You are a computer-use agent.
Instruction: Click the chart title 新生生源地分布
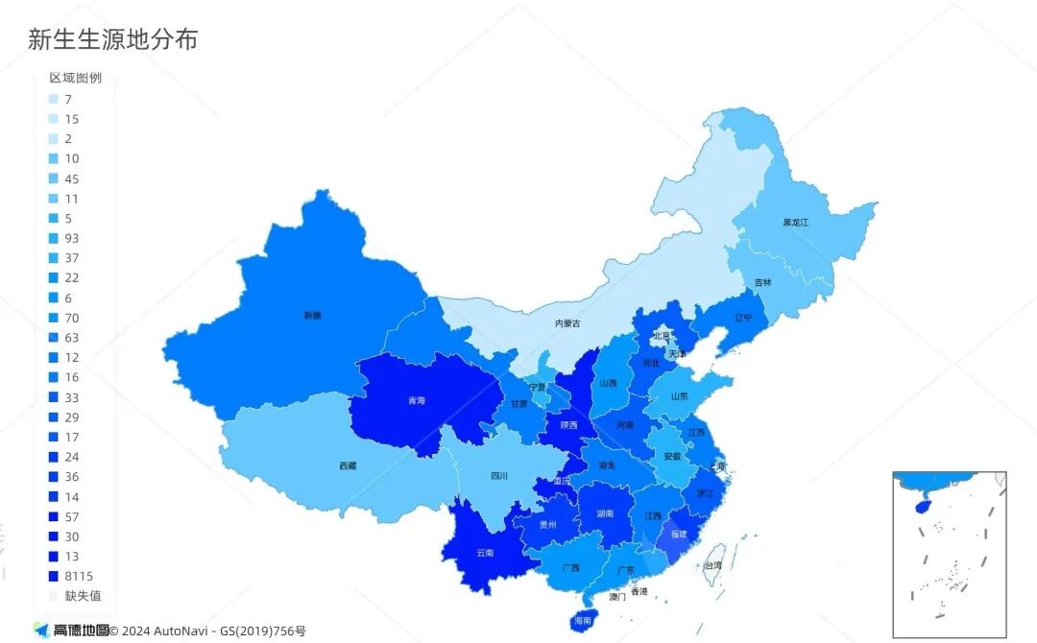(113, 39)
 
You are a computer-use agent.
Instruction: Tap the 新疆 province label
(312, 315)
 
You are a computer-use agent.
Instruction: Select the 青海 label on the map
(416, 401)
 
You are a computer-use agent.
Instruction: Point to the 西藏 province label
(348, 465)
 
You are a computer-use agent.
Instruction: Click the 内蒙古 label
(567, 324)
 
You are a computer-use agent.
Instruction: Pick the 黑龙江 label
(795, 222)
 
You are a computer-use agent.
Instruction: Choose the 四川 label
(499, 475)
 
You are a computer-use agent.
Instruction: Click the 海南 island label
(583, 621)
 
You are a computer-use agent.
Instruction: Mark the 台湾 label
(713, 566)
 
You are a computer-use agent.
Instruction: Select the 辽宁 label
(743, 318)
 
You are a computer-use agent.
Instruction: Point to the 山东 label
(679, 395)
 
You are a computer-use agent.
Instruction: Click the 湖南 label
(604, 513)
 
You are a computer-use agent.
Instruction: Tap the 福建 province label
(679, 533)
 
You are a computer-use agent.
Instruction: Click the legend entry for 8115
(77, 576)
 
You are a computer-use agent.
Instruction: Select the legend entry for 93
(71, 238)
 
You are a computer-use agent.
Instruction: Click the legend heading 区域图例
(75, 78)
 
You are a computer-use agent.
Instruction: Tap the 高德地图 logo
(70, 631)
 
